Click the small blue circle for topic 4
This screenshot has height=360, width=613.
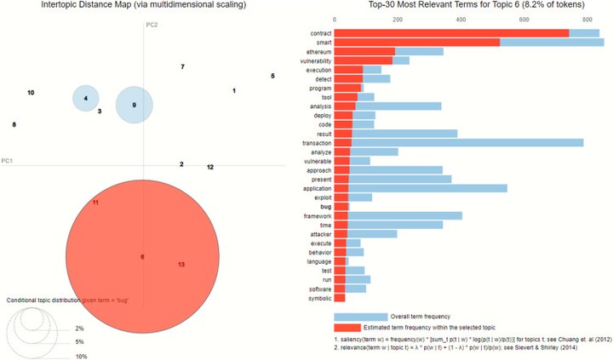click(x=85, y=99)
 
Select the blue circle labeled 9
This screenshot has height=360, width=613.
click(x=134, y=106)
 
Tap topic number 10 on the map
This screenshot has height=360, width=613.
click(x=31, y=92)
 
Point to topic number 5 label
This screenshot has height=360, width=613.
click(x=272, y=76)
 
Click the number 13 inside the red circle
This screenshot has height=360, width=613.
click(x=180, y=265)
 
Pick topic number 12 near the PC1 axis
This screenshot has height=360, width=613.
click(x=209, y=167)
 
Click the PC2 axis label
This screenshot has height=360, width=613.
click(x=152, y=26)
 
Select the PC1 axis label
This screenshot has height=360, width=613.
click(x=7, y=160)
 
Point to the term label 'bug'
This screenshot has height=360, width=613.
click(x=325, y=206)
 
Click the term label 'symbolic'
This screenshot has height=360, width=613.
click(x=318, y=298)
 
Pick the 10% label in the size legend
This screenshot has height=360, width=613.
click(x=82, y=356)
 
